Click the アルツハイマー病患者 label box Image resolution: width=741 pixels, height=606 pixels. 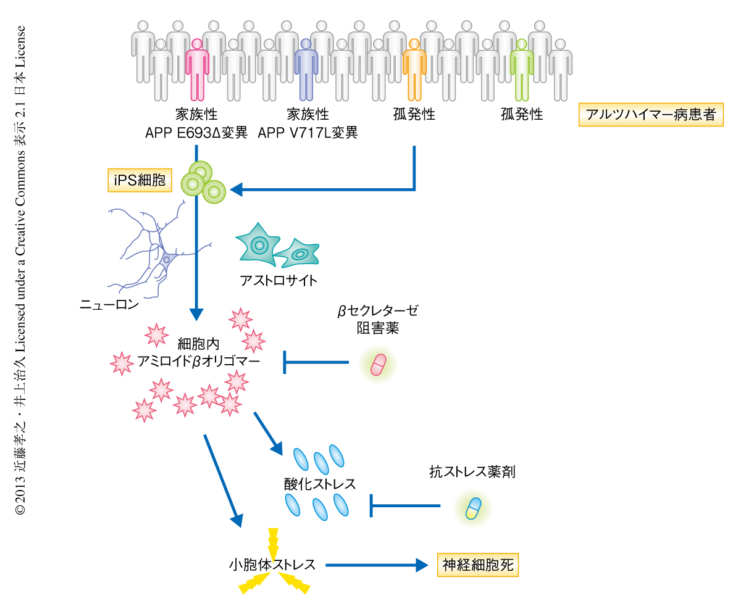pyautogui.click(x=650, y=115)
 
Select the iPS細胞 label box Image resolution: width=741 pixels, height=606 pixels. pyautogui.click(x=140, y=180)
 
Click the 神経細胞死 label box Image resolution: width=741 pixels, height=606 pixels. pyautogui.click(x=478, y=565)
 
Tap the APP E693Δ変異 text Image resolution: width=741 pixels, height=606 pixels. pyautogui.click(x=196, y=133)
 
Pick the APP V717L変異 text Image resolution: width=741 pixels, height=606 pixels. pyautogui.click(x=308, y=133)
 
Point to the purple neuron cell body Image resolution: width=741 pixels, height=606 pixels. pyautogui.click(x=165, y=260)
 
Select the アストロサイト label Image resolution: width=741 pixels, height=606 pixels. pyautogui.click(x=278, y=281)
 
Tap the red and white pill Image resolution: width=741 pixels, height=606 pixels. pyautogui.click(x=378, y=365)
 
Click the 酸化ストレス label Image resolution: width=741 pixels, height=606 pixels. pyautogui.click(x=320, y=483)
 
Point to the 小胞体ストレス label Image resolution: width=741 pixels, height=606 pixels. pyautogui.click(x=272, y=565)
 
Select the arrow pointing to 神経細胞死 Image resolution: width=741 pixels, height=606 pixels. pyautogui.click(x=377, y=565)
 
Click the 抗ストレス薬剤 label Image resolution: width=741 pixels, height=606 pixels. pyautogui.click(x=472, y=473)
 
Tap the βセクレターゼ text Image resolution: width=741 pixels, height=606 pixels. pyautogui.click(x=377, y=311)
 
